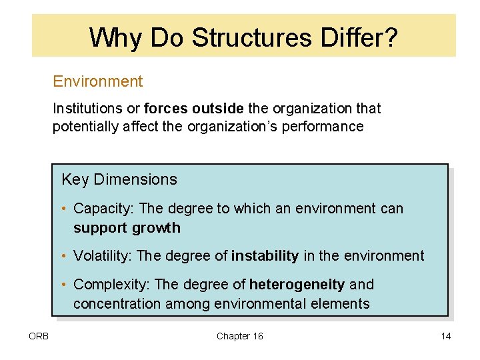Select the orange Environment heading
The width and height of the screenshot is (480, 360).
98,81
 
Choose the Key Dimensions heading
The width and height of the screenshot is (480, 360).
119,179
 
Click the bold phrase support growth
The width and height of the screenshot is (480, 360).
127,228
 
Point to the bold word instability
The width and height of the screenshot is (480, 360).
265,256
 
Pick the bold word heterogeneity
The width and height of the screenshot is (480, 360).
297,285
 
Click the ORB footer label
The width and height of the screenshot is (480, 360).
39,336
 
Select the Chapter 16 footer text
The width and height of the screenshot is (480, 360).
239,336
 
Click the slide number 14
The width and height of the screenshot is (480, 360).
445,336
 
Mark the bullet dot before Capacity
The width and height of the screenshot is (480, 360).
65,209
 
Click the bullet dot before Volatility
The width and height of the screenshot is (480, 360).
65,256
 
